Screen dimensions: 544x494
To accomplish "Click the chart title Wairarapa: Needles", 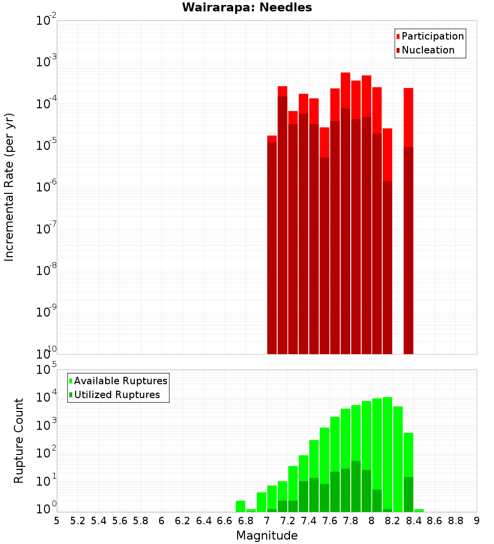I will coord(247,7).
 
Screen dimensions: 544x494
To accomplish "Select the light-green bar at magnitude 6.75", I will coord(241,506).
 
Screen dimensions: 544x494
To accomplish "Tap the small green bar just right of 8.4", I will coord(419,510).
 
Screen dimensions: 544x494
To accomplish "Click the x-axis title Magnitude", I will coord(267,536).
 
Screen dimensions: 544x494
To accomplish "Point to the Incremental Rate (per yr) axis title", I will coord(9,187).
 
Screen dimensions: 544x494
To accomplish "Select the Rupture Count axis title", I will coord(19,440).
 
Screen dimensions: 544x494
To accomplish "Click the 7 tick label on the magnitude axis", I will coord(267,521).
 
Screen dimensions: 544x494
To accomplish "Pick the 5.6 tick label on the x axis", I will coord(120,521).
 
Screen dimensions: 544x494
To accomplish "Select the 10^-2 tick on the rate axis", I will coord(46,21).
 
